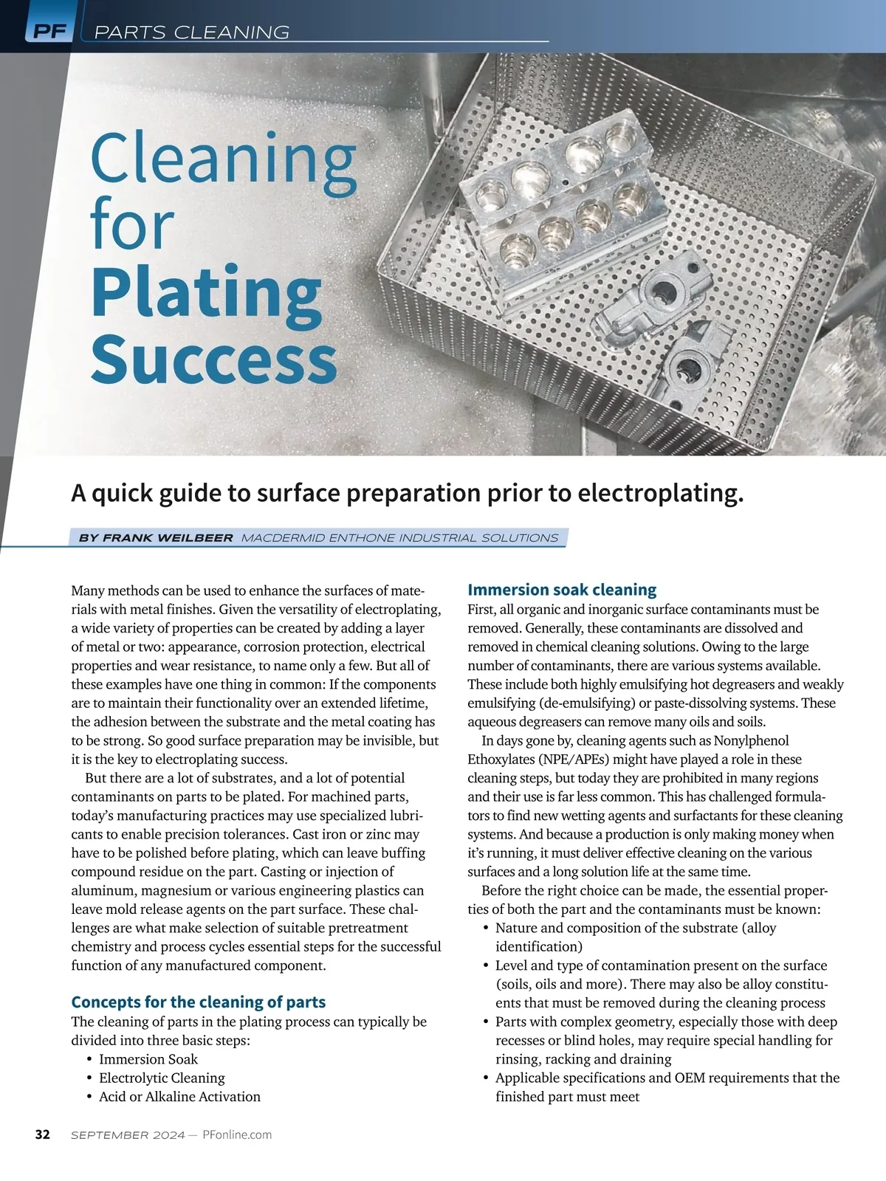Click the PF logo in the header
(49, 32)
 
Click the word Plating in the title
(206, 293)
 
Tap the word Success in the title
(213, 359)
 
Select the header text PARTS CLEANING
(192, 32)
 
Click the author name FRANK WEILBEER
(168, 538)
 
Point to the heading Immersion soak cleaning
(562, 590)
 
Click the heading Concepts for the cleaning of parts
(198, 1002)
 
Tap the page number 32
(43, 1134)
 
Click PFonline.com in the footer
(237, 1135)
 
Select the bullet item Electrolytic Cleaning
(162, 1078)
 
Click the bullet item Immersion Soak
(148, 1059)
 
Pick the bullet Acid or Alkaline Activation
(179, 1097)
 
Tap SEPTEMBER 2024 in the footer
(128, 1135)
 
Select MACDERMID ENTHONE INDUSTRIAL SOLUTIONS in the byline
(399, 538)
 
